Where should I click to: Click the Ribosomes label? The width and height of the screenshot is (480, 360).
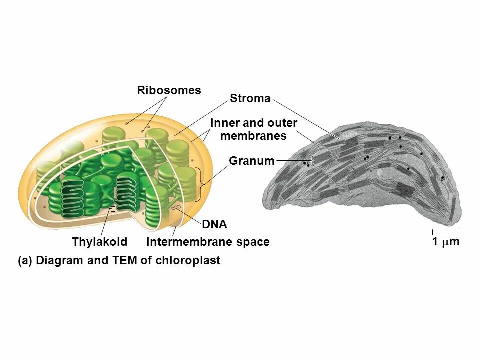pyautogui.click(x=169, y=90)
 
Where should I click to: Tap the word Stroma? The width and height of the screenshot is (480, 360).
pyautogui.click(x=250, y=98)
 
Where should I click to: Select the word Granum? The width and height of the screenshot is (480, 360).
pyautogui.click(x=251, y=161)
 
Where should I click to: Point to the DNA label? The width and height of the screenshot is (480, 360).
pyautogui.click(x=214, y=225)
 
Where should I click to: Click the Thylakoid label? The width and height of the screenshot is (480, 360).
pyautogui.click(x=100, y=242)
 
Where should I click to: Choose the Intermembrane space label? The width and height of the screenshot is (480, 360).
pyautogui.click(x=208, y=242)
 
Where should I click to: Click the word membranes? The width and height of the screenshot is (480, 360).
pyautogui.click(x=253, y=136)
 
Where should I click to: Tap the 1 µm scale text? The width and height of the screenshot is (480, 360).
pyautogui.click(x=445, y=242)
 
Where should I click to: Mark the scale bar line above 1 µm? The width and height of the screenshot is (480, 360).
pyautogui.click(x=445, y=232)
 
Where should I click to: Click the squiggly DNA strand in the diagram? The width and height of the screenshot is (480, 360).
pyautogui.click(x=176, y=206)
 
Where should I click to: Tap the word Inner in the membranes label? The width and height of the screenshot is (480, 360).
pyautogui.click(x=224, y=123)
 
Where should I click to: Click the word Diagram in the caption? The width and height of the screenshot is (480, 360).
pyautogui.click(x=60, y=260)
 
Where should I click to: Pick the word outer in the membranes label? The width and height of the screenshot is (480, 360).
pyautogui.click(x=282, y=123)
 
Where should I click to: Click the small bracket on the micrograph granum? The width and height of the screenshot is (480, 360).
pyautogui.click(x=313, y=161)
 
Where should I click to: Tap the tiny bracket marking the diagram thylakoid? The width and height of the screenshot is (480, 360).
pyautogui.click(x=113, y=210)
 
